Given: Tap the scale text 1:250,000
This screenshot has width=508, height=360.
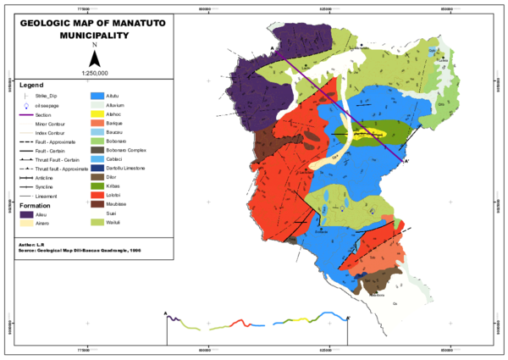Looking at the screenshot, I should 95,74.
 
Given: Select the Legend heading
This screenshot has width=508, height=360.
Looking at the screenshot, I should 31,86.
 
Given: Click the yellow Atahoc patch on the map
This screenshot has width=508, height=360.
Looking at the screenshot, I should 373,133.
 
